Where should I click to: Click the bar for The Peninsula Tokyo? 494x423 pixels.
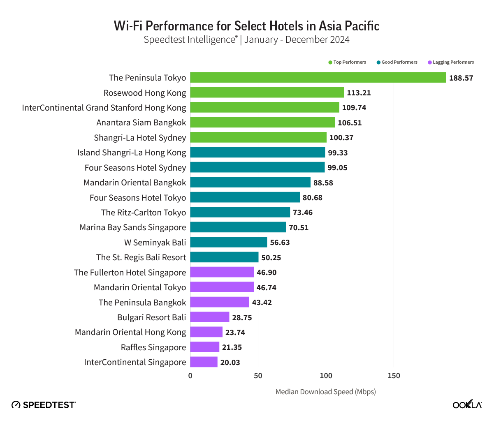point(318,78)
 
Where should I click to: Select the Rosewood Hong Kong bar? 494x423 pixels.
point(267,93)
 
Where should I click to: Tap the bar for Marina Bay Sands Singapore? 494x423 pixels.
point(238,227)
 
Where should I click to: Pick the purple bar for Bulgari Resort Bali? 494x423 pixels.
point(210,317)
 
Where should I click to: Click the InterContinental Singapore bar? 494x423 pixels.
point(204,362)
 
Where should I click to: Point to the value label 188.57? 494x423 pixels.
point(461,78)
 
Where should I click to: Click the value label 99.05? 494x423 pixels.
point(337,168)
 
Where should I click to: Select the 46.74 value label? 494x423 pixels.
point(267,287)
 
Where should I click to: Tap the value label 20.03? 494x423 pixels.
point(230,363)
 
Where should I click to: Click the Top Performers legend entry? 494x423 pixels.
point(347,62)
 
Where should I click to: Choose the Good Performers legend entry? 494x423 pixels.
point(397,62)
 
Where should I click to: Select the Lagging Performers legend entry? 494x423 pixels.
point(451,62)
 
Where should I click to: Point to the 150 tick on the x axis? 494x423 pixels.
point(394,376)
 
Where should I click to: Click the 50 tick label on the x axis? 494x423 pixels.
point(258,376)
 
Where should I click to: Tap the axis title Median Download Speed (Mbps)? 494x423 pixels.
point(325,392)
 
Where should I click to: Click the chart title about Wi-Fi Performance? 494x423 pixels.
point(247,26)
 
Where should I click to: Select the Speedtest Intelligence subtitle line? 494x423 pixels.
point(247,40)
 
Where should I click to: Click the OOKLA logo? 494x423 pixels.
point(467,405)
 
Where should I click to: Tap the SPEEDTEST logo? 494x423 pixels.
point(44,405)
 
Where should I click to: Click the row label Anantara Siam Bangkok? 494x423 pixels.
point(141,123)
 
